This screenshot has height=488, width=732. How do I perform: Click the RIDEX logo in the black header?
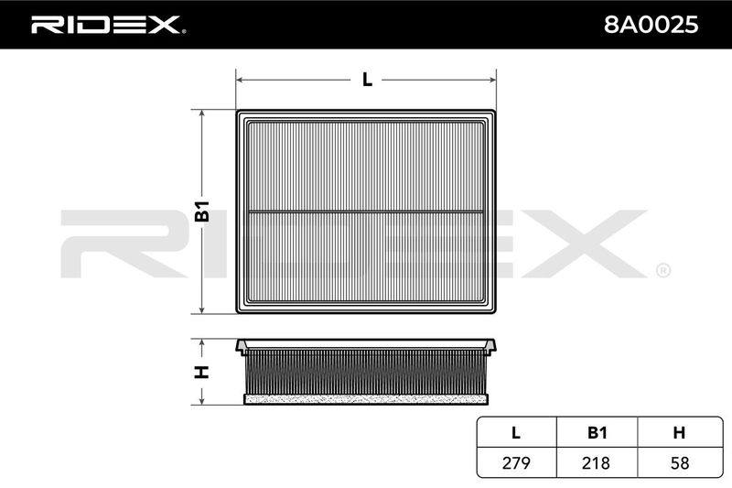pos(107,25)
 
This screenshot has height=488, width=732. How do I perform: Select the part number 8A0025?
pos(651,25)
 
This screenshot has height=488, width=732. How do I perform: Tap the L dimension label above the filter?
pos(368,80)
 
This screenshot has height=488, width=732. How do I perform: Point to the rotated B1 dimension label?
pos(202,211)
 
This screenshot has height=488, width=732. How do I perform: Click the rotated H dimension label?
pos(202,373)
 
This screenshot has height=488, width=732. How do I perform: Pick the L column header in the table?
pos(516,433)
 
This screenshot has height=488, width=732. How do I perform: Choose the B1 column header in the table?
pos(597,433)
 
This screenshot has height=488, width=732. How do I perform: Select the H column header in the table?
pos(679,433)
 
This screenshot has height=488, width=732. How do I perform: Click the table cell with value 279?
pos(516,462)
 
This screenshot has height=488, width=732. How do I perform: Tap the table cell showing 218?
pos(597,462)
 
